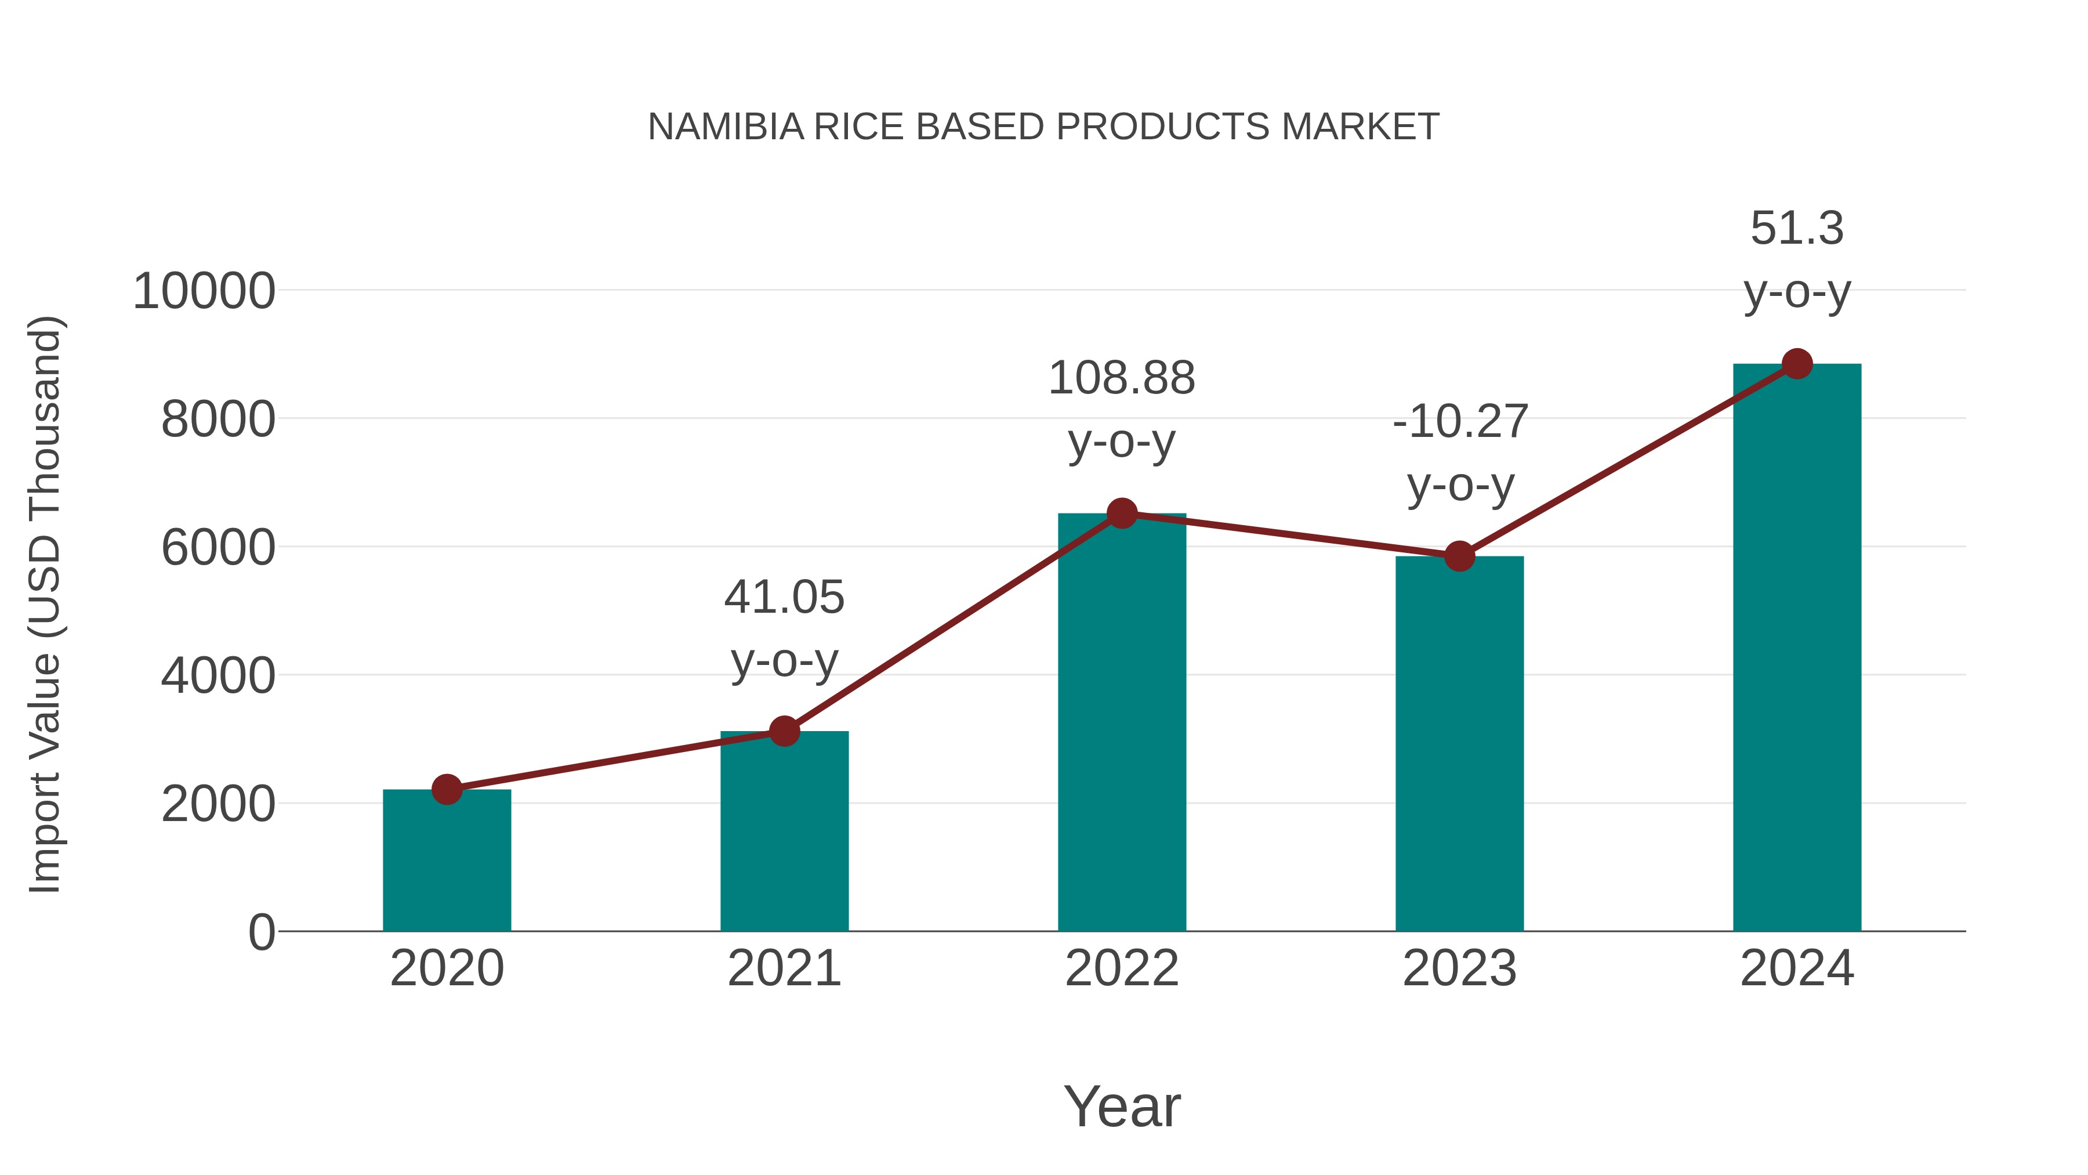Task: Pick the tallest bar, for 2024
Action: pos(1797,649)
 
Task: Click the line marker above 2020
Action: pos(447,789)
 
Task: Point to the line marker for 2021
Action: pos(784,732)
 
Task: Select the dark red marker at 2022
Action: pos(1122,514)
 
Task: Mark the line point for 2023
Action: pos(1459,556)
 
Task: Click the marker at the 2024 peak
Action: pos(1797,364)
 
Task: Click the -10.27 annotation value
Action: pos(1459,422)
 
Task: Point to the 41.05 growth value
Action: pos(784,598)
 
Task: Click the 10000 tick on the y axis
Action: pos(204,291)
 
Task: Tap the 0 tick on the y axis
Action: pos(261,932)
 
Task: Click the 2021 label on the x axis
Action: pos(784,968)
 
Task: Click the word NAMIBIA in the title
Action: pos(726,127)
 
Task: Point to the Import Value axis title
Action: pos(45,604)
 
